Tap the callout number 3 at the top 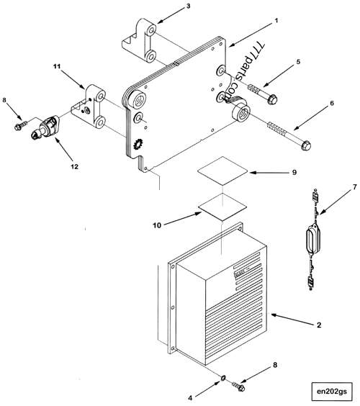[x=188, y=6]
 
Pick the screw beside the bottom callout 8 [x=240, y=387]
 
